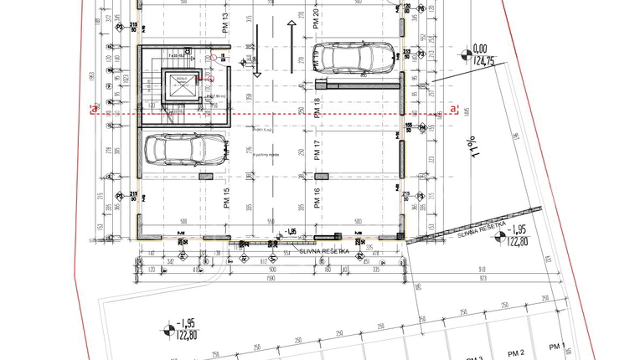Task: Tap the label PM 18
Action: pyautogui.click(x=317, y=108)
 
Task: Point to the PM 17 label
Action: pyautogui.click(x=317, y=152)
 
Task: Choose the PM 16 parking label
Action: pyautogui.click(x=317, y=198)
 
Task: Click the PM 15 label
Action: pyautogui.click(x=226, y=198)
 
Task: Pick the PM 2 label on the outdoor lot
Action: pyautogui.click(x=515, y=352)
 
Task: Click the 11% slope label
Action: pyautogui.click(x=478, y=148)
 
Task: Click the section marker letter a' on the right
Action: pyautogui.click(x=455, y=109)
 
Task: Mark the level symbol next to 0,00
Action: pyautogui.click(x=466, y=56)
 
